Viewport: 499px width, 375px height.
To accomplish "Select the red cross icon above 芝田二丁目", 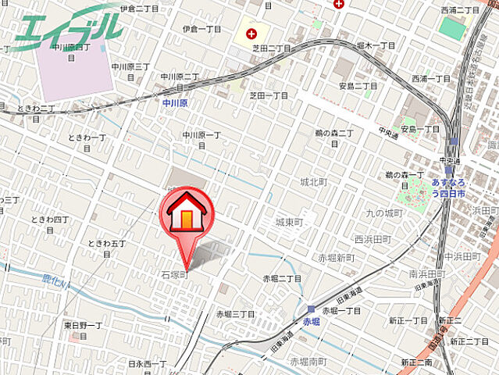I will [251, 34].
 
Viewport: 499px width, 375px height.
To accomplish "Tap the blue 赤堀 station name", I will [312, 321].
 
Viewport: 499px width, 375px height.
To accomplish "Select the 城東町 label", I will [289, 223].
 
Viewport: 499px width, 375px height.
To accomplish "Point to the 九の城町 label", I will [383, 212].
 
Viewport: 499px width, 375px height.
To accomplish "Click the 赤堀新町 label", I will [335, 258].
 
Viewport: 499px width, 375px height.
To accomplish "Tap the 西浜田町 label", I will [371, 239].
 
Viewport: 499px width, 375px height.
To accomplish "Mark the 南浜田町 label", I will [426, 274].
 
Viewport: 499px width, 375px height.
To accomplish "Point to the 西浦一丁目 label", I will [431, 79].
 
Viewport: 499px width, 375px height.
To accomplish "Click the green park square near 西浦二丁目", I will [451, 28].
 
